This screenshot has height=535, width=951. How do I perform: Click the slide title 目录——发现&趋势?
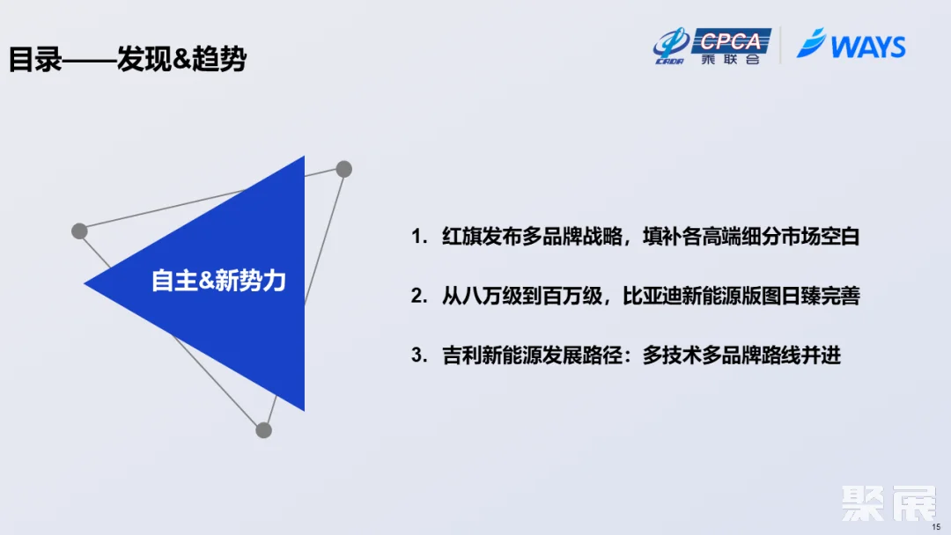128,60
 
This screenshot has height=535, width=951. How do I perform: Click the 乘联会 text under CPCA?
731,60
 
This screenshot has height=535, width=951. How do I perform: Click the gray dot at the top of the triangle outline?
344,169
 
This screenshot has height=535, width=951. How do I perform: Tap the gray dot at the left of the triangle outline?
79,231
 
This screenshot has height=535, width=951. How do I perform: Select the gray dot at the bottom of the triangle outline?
263,430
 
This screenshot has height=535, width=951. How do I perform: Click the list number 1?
417,237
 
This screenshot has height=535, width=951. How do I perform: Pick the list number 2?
417,297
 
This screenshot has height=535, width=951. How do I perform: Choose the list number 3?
417,355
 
